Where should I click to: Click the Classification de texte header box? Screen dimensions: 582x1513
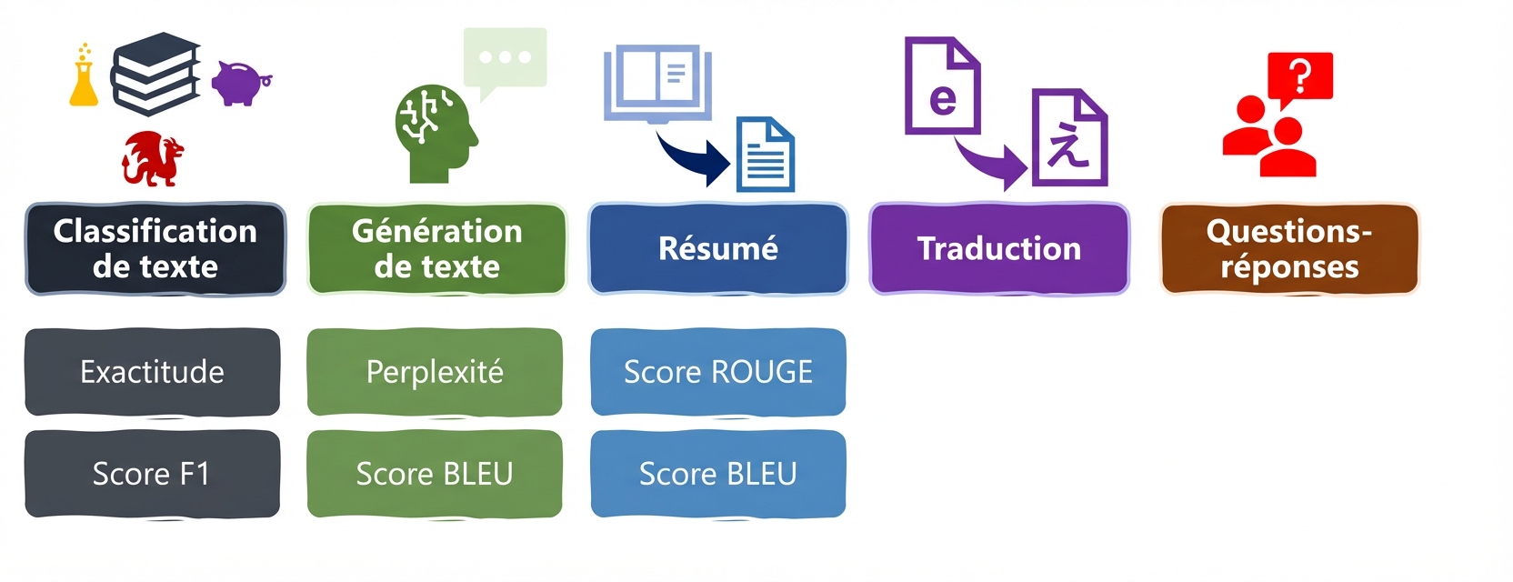[x=155, y=249]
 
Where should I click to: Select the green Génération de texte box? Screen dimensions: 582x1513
[x=437, y=249]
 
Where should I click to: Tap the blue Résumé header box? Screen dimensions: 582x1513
[x=718, y=249]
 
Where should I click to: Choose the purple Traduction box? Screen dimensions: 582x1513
[x=999, y=249]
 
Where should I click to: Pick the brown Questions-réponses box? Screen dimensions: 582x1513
[x=1289, y=249]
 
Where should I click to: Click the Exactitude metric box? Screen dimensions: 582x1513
[x=152, y=372]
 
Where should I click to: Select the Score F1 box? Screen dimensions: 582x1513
[x=152, y=474]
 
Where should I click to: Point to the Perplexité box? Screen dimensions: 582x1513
[x=435, y=372]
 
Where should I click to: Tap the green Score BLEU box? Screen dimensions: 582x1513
[x=435, y=474]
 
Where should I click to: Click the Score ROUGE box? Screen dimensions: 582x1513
[x=718, y=372]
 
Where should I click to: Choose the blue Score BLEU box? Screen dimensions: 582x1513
[x=718, y=474]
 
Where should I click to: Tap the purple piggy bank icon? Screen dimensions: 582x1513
[x=239, y=84]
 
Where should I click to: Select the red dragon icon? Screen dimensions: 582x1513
[x=152, y=159]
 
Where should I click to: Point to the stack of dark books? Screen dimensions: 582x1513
[x=155, y=75]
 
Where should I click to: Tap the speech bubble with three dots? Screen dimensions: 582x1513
[x=505, y=58]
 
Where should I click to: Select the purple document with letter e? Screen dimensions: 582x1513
[x=942, y=86]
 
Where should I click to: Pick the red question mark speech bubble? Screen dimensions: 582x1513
[x=1300, y=77]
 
